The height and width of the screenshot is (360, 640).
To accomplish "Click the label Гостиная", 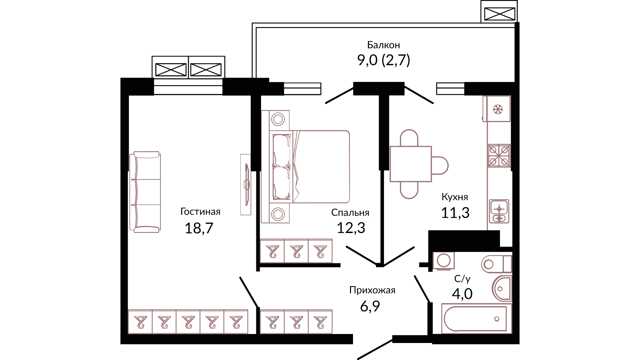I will click(200, 212).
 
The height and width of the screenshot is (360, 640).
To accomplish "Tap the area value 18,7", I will click(199, 228).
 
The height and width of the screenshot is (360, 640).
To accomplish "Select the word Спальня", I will click(350, 213).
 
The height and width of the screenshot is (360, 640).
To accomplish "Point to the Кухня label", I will click(455, 197).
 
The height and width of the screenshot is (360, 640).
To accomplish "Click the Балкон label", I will click(383, 45).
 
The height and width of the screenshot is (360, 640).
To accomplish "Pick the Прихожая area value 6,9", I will click(370, 306).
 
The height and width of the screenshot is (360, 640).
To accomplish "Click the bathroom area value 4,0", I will click(462, 294).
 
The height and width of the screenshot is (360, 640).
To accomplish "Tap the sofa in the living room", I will click(146, 192).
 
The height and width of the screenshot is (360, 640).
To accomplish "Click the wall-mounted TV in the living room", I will click(246, 184).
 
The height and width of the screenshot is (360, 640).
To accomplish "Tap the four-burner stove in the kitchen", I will click(499, 156).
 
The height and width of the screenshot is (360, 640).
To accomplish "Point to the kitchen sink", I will click(499, 211).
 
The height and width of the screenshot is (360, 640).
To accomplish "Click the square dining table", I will click(411, 164).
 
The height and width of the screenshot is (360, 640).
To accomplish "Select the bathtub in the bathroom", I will click(476, 319).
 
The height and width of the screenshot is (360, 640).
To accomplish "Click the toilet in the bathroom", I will click(496, 264).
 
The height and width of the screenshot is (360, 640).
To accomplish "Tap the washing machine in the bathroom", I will click(444, 260).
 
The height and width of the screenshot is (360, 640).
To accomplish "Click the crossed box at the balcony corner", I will click(499, 14).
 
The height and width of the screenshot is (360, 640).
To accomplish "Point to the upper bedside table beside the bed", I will click(278, 119).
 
